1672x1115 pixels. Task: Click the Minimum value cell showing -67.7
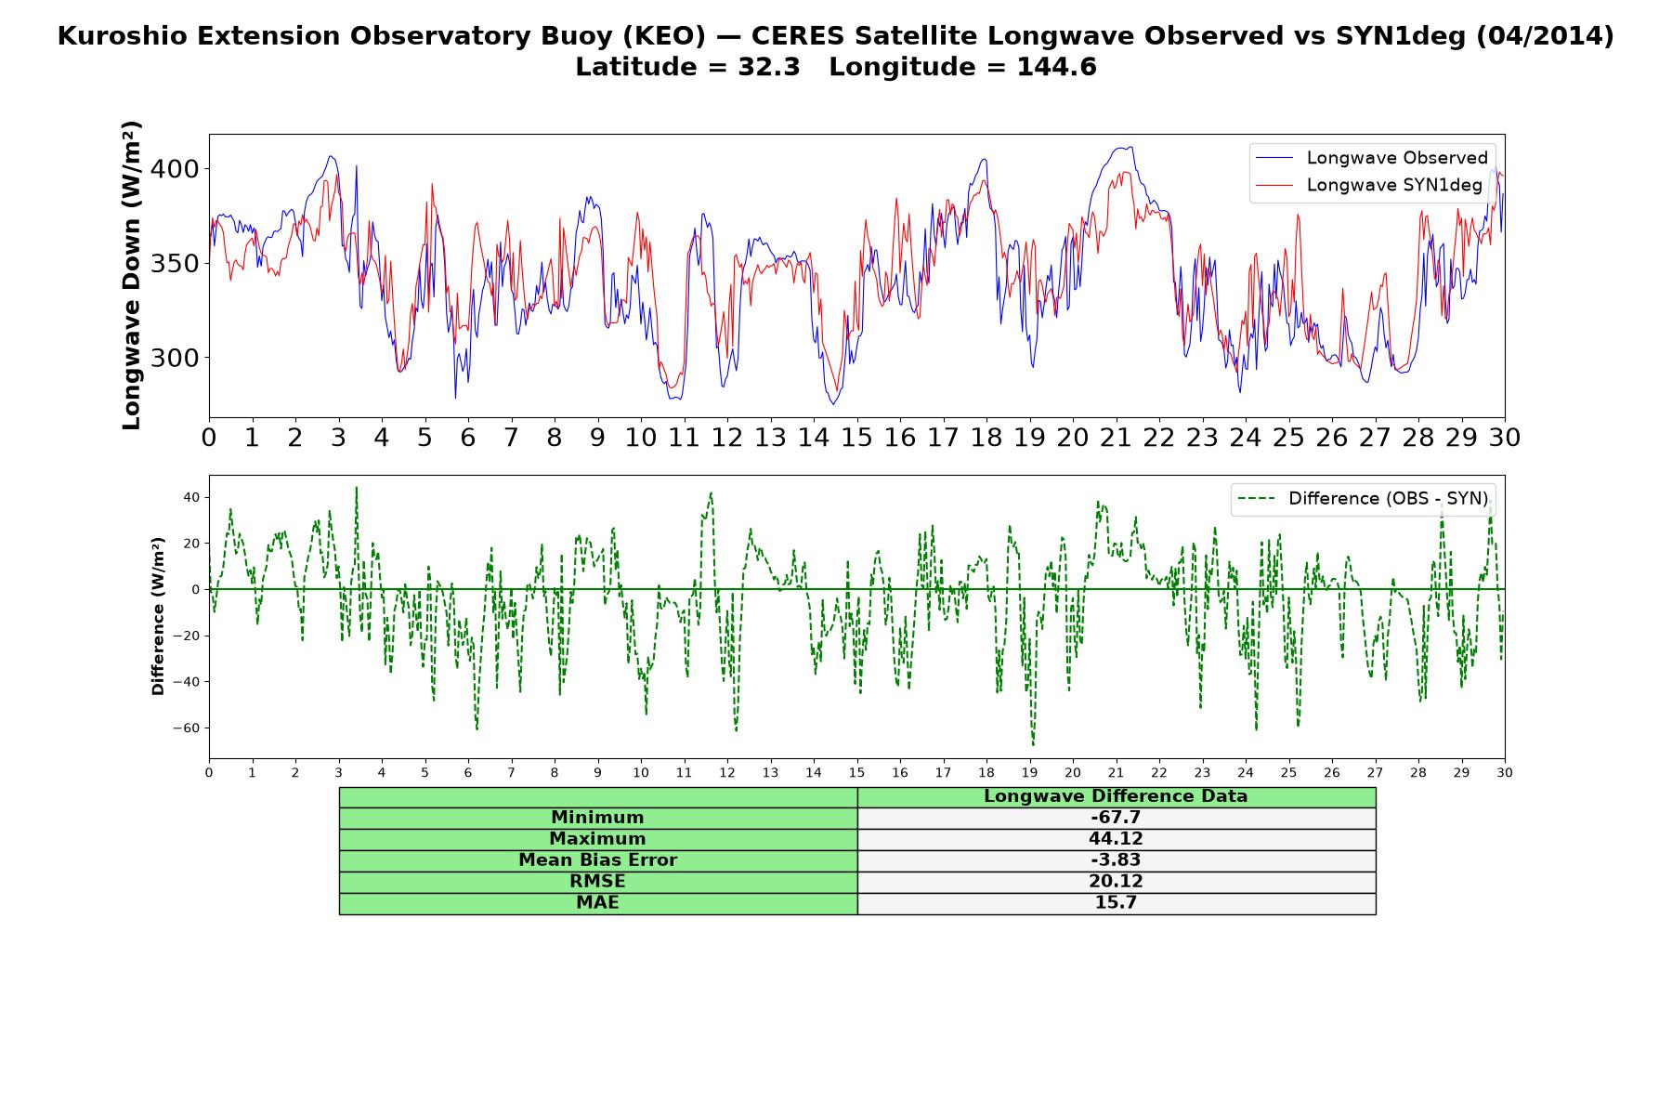(1116, 818)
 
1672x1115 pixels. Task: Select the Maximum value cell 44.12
(1116, 839)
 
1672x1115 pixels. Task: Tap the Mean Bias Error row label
(597, 860)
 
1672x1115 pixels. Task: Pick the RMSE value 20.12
(1116, 882)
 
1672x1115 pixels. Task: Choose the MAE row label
(597, 903)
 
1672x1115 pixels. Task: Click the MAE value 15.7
(1116, 903)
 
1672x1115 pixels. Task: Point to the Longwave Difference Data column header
(1116, 796)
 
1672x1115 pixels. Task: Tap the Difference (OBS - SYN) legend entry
(1363, 499)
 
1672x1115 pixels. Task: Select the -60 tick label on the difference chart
(186, 728)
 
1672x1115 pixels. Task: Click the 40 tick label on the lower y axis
(191, 498)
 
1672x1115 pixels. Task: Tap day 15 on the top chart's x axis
(856, 438)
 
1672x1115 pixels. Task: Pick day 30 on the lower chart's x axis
(1505, 773)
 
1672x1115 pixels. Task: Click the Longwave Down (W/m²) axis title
(131, 275)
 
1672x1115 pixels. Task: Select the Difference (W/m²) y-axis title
(158, 616)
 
